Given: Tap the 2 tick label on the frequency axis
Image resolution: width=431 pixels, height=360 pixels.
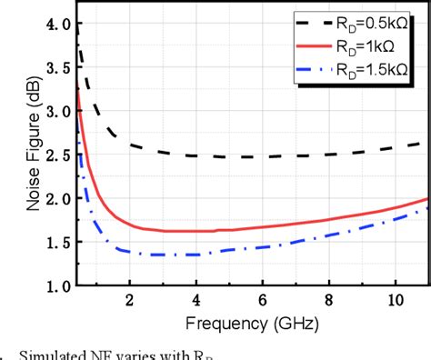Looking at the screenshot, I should point(129,302).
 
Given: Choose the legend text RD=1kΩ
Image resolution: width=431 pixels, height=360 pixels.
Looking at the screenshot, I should point(363,45).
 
